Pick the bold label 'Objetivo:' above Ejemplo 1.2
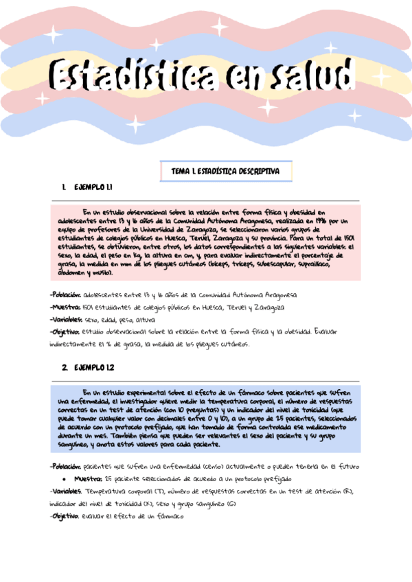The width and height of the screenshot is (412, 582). (65, 331)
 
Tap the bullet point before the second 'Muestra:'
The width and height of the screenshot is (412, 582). (64, 479)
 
